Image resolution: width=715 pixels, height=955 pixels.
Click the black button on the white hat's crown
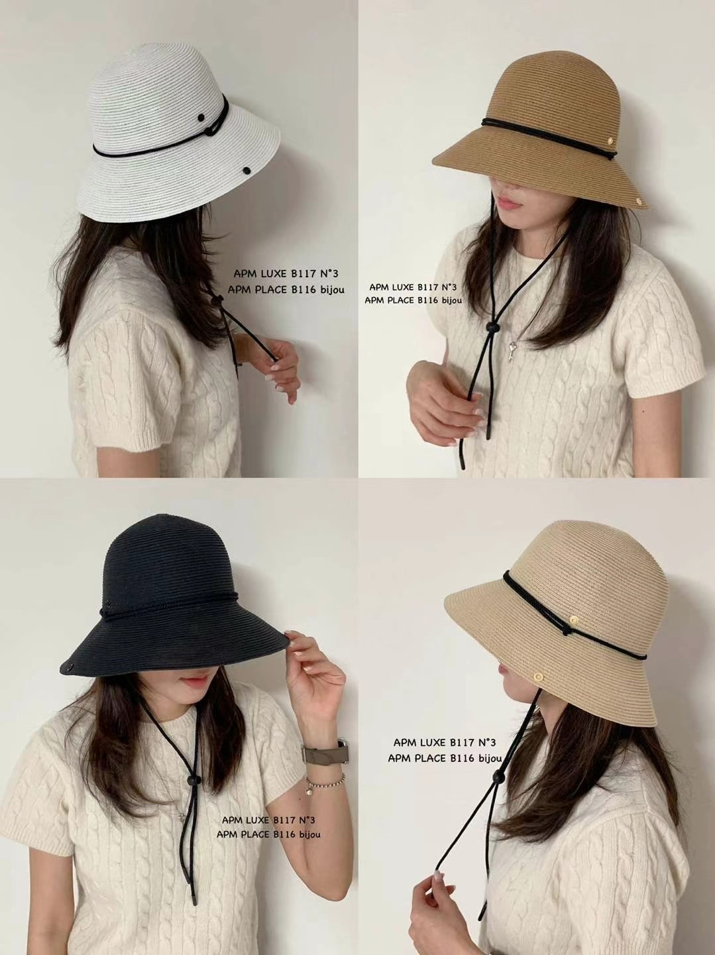click(x=201, y=117)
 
